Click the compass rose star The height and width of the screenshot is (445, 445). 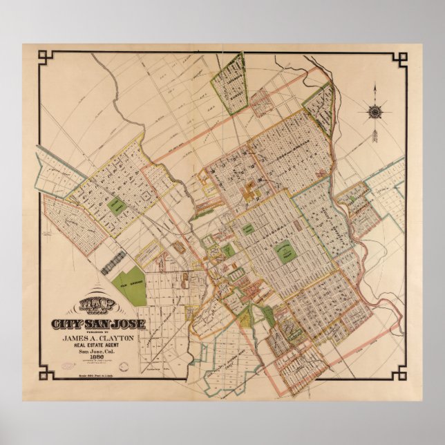(375, 111)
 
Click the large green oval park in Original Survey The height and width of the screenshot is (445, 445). (284, 253)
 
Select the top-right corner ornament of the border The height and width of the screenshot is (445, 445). (399, 58)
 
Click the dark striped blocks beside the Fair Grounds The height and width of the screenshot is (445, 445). (114, 263)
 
